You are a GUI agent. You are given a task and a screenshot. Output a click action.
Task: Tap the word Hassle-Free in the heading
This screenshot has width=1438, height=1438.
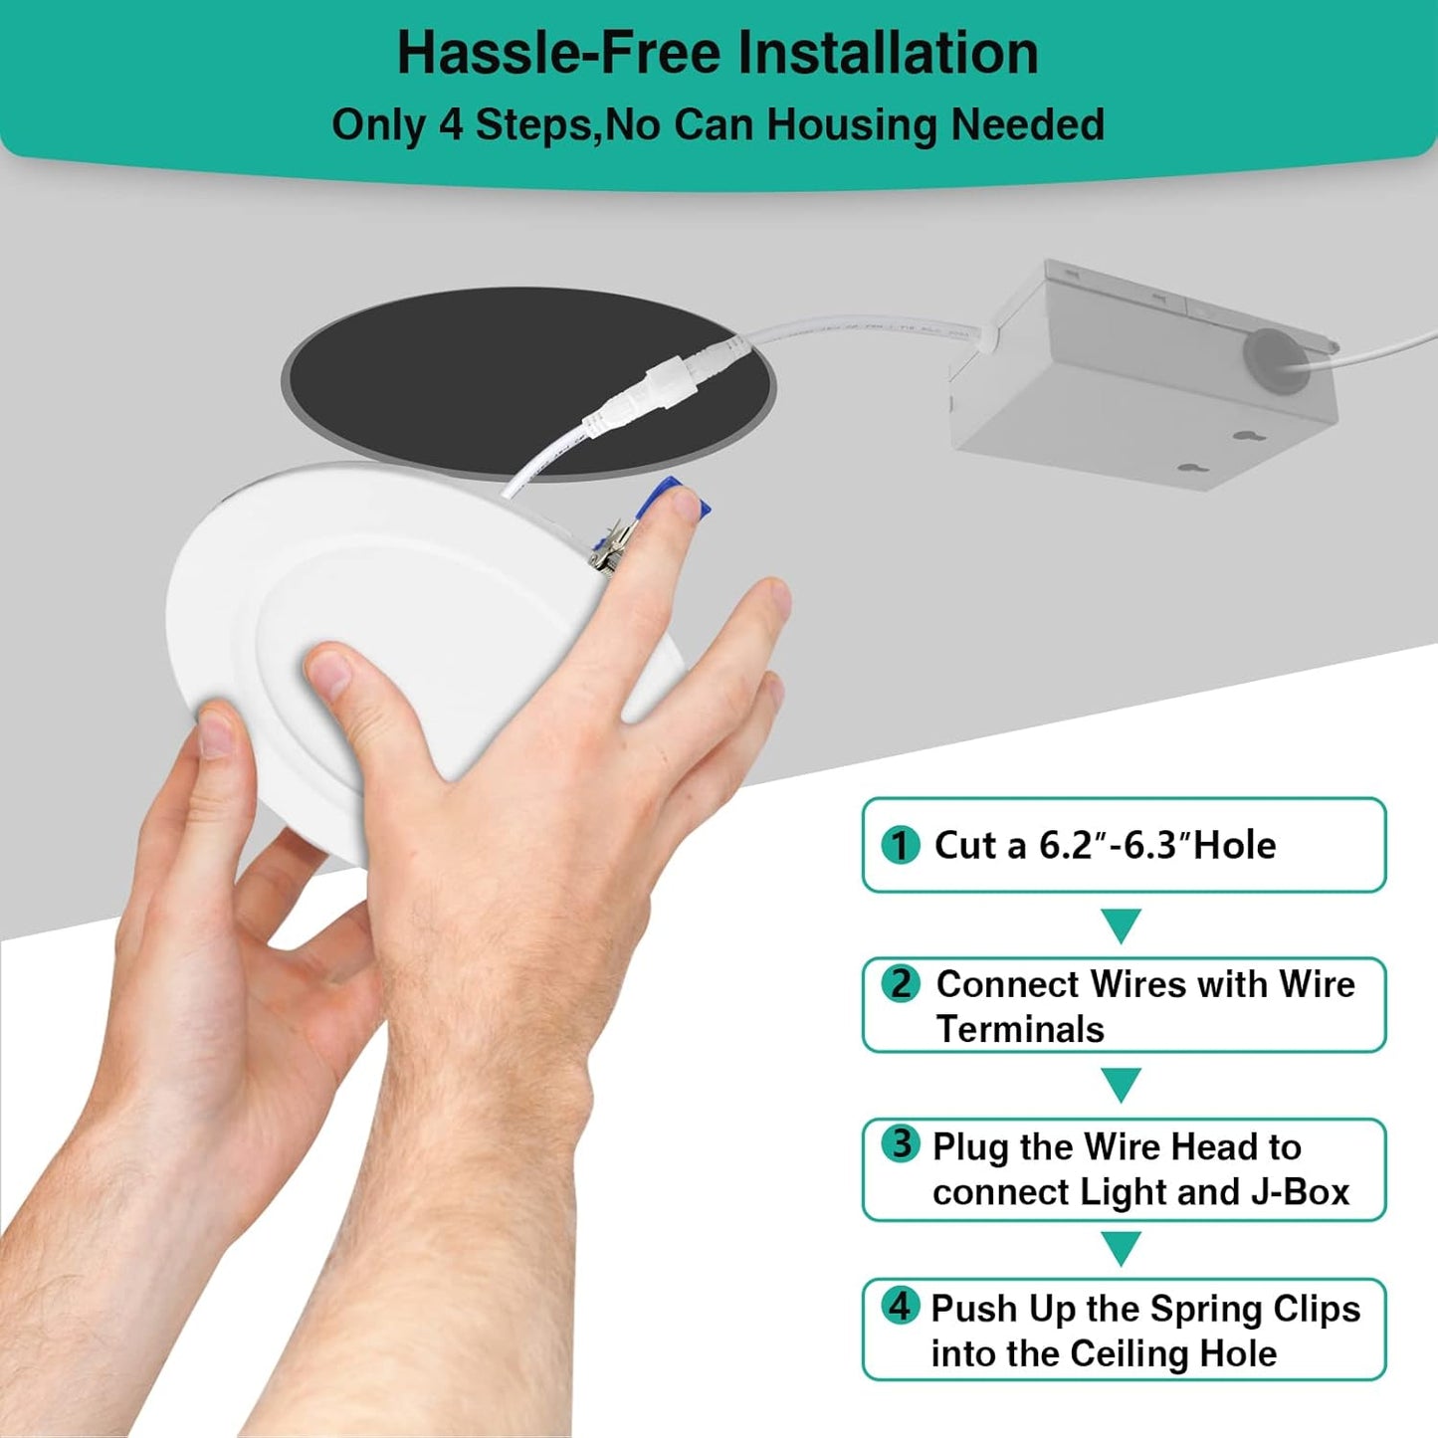coord(559,53)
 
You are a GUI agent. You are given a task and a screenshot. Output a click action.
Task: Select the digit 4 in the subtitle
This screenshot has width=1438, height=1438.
coord(451,124)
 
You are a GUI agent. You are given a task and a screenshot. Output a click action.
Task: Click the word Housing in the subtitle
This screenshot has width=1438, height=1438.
coord(852,124)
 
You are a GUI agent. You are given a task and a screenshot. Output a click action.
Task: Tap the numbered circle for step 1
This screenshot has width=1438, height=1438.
coord(900,845)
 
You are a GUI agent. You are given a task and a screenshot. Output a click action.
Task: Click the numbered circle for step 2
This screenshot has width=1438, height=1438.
coord(901,983)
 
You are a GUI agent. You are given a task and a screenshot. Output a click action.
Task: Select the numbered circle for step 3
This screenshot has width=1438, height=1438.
coord(901,1143)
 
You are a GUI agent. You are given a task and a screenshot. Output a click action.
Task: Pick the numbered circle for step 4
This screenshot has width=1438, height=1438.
coord(900,1306)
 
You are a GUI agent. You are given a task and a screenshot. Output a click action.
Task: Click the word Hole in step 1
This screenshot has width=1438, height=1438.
coord(1235,846)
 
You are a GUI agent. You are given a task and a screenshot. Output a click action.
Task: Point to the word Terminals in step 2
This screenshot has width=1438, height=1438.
coord(1020,1029)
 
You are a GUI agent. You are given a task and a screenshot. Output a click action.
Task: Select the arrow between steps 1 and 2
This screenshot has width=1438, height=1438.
coord(1121,925)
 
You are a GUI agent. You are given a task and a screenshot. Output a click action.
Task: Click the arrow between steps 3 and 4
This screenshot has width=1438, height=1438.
coord(1121,1249)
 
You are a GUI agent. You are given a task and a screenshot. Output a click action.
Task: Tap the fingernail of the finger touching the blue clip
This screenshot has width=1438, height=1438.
coord(685,506)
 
